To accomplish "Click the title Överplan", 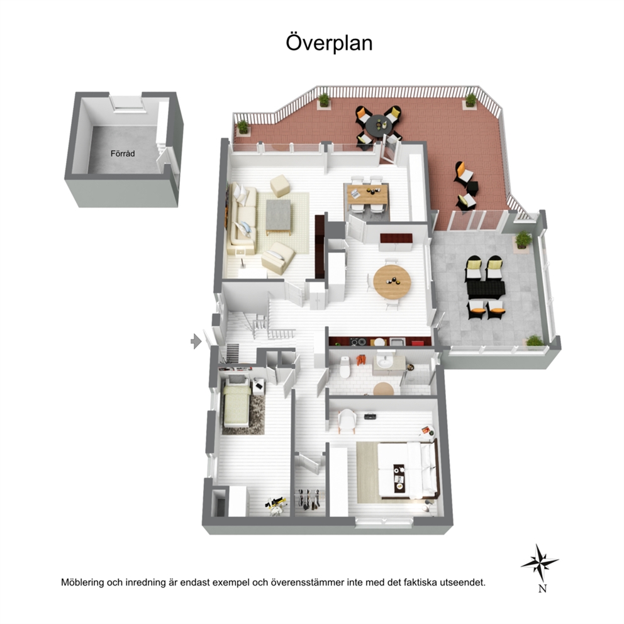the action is (x=329, y=43).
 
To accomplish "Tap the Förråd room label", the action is (x=123, y=153).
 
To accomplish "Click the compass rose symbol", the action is (x=540, y=562).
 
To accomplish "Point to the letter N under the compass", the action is (x=542, y=588).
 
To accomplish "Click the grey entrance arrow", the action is (x=196, y=341).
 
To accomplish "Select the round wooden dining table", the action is (x=392, y=281).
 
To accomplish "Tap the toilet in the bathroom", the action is (x=344, y=367).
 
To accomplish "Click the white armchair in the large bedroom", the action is (x=347, y=420).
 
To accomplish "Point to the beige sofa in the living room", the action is (x=242, y=219).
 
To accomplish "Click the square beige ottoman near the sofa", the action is (x=280, y=186).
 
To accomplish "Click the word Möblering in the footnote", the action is (x=82, y=582).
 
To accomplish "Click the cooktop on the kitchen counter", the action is (x=357, y=342).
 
